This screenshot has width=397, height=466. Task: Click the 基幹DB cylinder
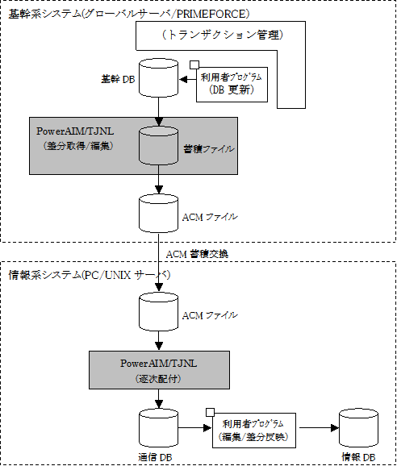point(158,78)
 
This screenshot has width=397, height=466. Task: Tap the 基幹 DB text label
point(118,79)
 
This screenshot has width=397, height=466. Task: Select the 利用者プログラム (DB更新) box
point(232,85)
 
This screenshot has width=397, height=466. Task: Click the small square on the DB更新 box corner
point(194,65)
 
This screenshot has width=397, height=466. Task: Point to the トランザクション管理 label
point(223,35)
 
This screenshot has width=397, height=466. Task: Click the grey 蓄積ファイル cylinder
point(158,146)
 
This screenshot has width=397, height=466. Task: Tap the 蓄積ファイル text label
point(209,149)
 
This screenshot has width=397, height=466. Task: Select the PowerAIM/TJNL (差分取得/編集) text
point(75,139)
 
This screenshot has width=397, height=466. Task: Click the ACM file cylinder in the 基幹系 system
point(158,214)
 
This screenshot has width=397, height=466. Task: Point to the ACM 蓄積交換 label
point(197,254)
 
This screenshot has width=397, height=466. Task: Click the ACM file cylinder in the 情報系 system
point(158,311)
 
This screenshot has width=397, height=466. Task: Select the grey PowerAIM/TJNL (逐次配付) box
point(160,370)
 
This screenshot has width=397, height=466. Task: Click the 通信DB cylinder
point(158,428)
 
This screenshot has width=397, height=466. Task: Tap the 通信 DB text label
point(155,457)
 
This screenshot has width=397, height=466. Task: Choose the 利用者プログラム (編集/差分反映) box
point(254,431)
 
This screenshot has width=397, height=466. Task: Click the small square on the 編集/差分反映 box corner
point(210,412)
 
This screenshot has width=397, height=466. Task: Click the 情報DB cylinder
point(358,428)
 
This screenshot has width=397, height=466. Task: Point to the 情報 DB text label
point(358,457)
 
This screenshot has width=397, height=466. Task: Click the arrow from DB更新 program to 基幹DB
point(188,80)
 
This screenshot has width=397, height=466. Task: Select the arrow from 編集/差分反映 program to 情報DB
point(319,428)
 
